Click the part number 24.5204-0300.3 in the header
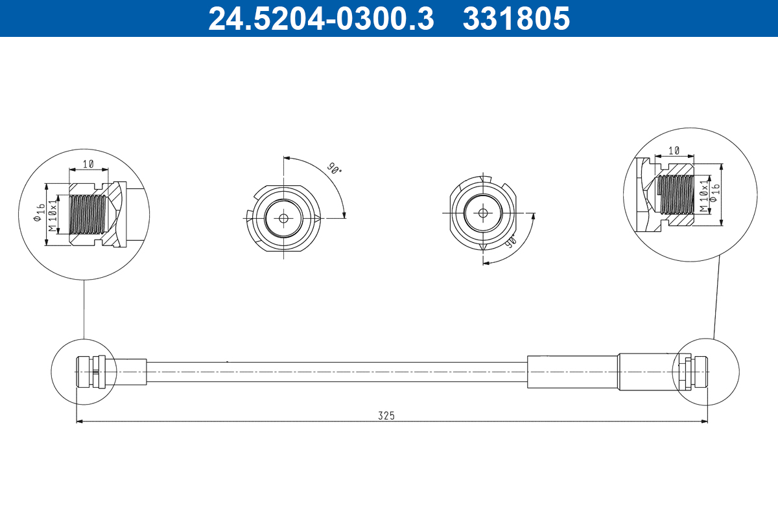tap(320, 19)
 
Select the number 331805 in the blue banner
tap(516, 19)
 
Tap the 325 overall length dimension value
tap(386, 415)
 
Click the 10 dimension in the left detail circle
tap(88, 164)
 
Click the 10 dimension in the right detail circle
tap(674, 150)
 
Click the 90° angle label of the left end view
tap(334, 169)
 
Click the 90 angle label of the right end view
tap(510, 243)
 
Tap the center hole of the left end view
tap(283, 218)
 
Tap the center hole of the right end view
tap(483, 212)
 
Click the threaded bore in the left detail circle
tap(87, 214)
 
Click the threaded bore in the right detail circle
tap(676, 194)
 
